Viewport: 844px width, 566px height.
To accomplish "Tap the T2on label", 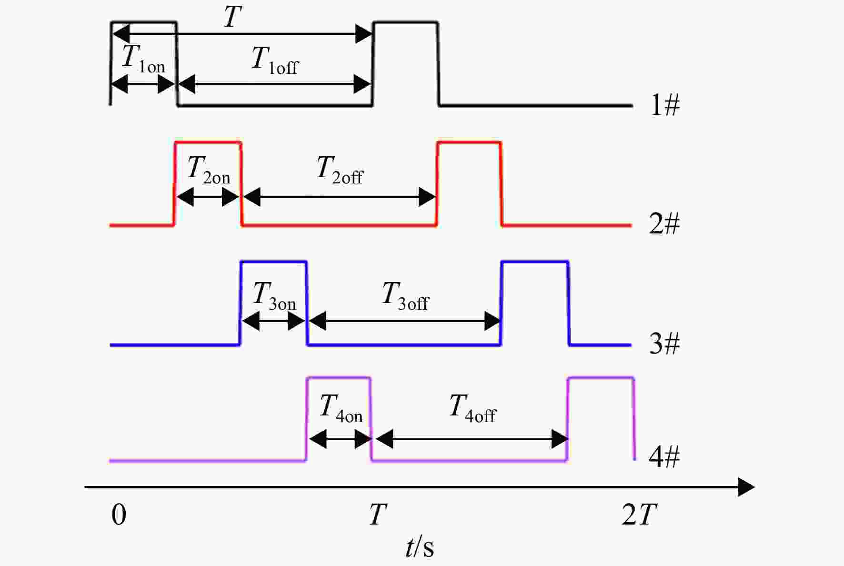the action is click(x=209, y=170).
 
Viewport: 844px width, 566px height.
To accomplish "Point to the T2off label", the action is click(x=340, y=170).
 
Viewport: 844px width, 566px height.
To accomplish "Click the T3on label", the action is click(x=274, y=296).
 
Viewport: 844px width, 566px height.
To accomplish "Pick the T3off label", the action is click(x=405, y=296).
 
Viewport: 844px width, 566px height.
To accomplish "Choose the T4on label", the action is click(x=341, y=408).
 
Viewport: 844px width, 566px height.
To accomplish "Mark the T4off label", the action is click(x=472, y=408).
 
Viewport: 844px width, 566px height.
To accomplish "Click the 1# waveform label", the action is click(x=665, y=104).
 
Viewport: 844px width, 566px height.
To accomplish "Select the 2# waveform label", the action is click(x=664, y=223).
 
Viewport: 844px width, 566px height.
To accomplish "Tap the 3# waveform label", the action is click(x=664, y=343).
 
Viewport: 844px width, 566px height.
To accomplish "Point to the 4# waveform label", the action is click(x=664, y=456).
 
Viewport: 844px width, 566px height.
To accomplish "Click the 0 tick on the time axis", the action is click(x=119, y=515).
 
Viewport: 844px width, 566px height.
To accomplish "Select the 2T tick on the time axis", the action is click(x=640, y=515).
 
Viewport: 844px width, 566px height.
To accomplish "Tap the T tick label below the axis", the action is click(x=378, y=515).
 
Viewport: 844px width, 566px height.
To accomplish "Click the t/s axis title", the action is click(x=420, y=547).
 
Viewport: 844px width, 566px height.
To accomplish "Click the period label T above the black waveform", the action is click(x=232, y=17).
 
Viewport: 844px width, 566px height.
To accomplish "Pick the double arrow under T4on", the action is click(x=340, y=438).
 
